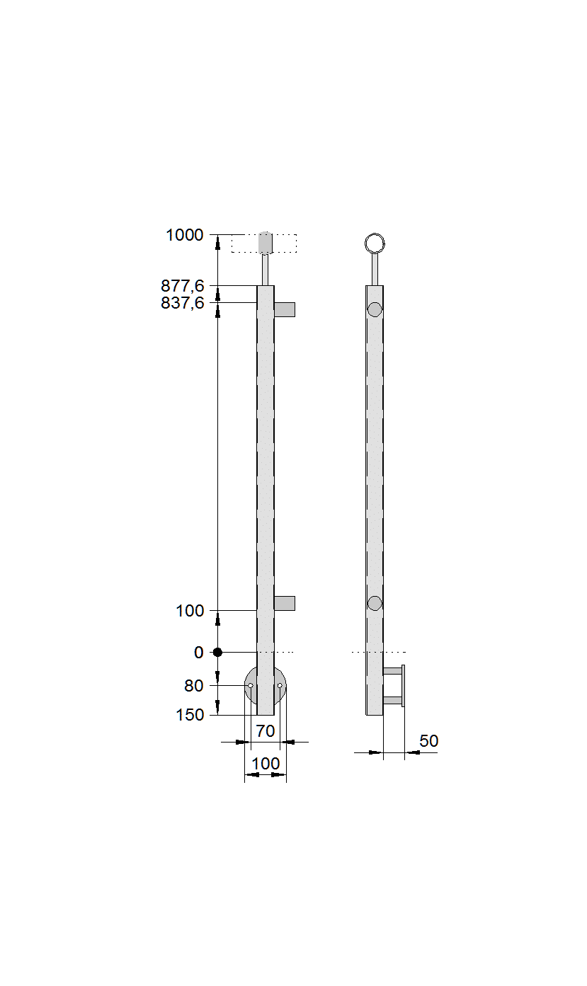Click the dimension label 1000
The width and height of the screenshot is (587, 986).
tap(185, 235)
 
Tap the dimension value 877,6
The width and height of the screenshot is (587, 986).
tap(182, 286)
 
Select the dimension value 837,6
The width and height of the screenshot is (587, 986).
tap(182, 303)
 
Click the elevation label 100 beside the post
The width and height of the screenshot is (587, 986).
tap(190, 611)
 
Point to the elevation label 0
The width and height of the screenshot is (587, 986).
tap(198, 653)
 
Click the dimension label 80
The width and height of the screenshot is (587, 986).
tap(194, 686)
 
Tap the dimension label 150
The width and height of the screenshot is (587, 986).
tap(190, 715)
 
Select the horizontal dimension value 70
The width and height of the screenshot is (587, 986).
tap(266, 731)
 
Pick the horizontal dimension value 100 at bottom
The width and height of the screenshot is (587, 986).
tap(266, 764)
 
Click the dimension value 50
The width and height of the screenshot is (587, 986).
tap(428, 741)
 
